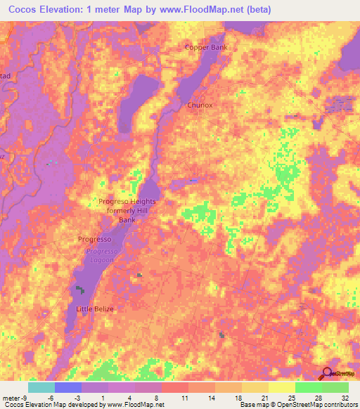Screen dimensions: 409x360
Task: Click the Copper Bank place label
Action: [206, 48]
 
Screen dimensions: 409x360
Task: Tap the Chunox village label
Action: [201, 105]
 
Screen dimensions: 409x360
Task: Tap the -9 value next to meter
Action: [23, 397]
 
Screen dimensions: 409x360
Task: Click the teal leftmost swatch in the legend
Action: [41, 387]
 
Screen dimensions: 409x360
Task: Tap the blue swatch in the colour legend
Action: [68, 387]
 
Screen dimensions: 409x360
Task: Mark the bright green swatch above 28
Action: [309, 387]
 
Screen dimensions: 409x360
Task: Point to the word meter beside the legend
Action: [10, 397]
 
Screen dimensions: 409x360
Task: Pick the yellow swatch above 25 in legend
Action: [282, 387]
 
